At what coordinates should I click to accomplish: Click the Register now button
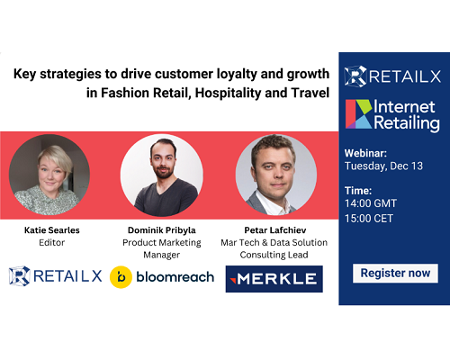tap(395, 274)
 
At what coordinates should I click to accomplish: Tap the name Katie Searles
tap(52, 230)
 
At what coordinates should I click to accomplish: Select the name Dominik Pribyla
tap(162, 230)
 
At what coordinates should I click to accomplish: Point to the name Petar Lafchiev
tap(275, 230)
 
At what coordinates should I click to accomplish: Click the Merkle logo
tap(274, 279)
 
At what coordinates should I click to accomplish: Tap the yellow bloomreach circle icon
tap(121, 277)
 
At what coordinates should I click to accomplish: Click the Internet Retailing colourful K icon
tap(359, 114)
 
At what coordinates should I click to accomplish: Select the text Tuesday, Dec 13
tap(383, 166)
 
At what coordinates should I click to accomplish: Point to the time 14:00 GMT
tap(371, 203)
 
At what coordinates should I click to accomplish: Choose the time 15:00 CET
tap(369, 219)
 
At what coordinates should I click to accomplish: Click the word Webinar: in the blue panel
tap(365, 153)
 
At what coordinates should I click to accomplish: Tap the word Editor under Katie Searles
tap(52, 242)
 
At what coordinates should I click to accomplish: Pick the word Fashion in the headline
tap(125, 93)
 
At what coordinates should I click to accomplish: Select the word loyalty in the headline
tap(237, 74)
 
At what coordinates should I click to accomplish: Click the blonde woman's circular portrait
tap(49, 175)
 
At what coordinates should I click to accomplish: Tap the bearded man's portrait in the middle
tap(162, 175)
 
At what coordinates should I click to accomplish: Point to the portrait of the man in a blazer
tap(276, 175)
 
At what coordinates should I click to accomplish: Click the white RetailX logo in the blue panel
tap(392, 76)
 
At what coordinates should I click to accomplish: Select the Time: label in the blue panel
tap(358, 191)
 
